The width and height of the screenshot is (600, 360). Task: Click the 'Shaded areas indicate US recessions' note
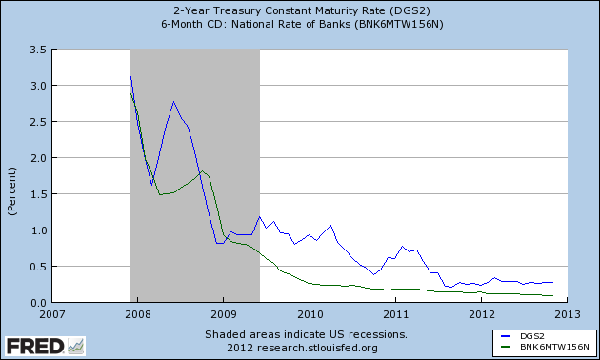tap(306, 334)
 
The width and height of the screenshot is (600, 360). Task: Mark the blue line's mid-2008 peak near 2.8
tap(173, 101)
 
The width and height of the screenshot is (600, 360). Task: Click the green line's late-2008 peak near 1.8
tap(203, 171)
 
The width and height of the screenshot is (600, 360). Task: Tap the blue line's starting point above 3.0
tap(130, 76)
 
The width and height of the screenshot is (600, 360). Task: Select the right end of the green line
tap(553, 295)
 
